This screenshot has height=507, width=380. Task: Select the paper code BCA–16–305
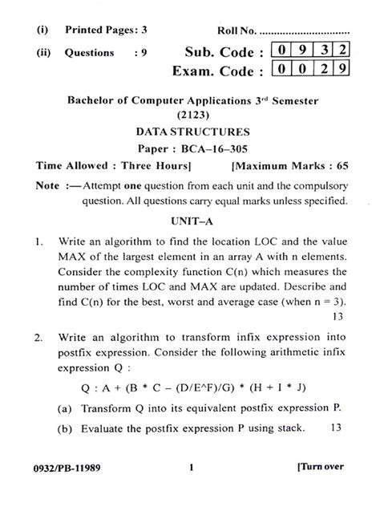coord(214,148)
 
